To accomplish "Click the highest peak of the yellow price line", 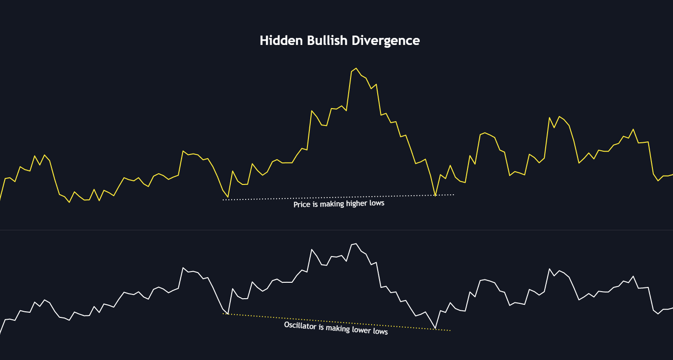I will tap(356, 68).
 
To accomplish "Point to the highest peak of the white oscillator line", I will tap(356, 243).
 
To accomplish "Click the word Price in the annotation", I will tap(302, 204).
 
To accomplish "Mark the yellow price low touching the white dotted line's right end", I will tap(435, 195).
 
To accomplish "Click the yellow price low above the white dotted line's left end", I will tap(228, 197).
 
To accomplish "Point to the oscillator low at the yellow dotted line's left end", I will tap(228, 313).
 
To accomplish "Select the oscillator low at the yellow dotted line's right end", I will tap(435, 329).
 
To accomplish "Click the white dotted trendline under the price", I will tap(262, 199).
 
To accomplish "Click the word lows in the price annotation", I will tap(377, 203).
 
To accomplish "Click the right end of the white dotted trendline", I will tap(454, 194).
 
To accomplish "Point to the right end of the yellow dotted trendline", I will tap(450, 331).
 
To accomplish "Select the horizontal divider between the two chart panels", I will tap(336, 230).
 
